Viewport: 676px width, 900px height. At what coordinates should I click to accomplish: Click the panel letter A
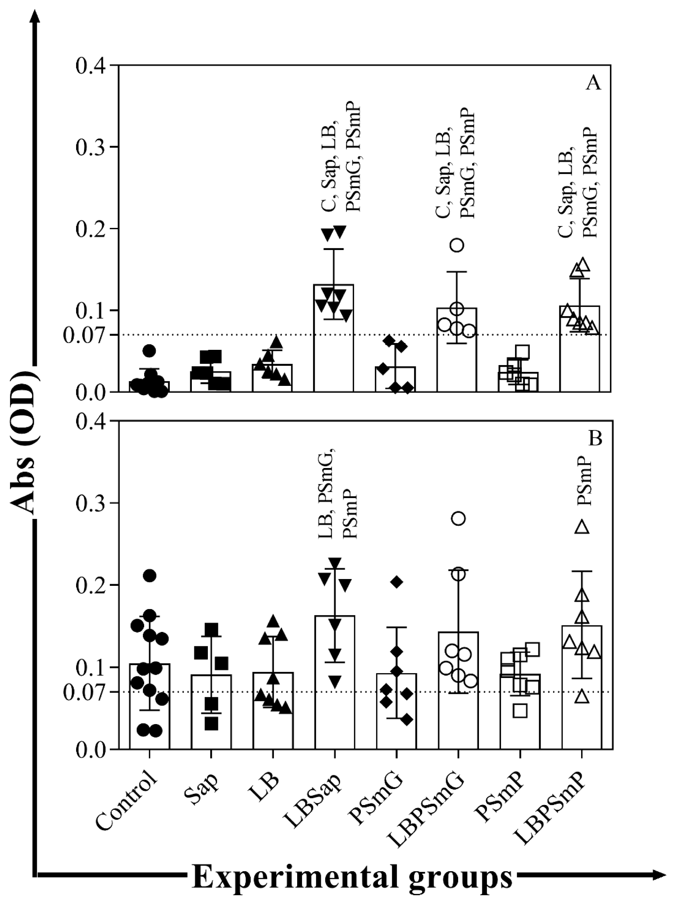click(x=594, y=83)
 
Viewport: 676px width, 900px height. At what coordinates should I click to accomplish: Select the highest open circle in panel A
click(x=457, y=245)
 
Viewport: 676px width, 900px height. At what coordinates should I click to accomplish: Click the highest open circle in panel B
click(x=459, y=519)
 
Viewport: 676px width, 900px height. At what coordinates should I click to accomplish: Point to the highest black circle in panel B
click(x=150, y=575)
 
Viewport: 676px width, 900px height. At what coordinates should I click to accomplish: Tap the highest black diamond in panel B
click(x=396, y=582)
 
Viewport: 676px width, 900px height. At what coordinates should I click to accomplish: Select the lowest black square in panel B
click(x=211, y=723)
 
